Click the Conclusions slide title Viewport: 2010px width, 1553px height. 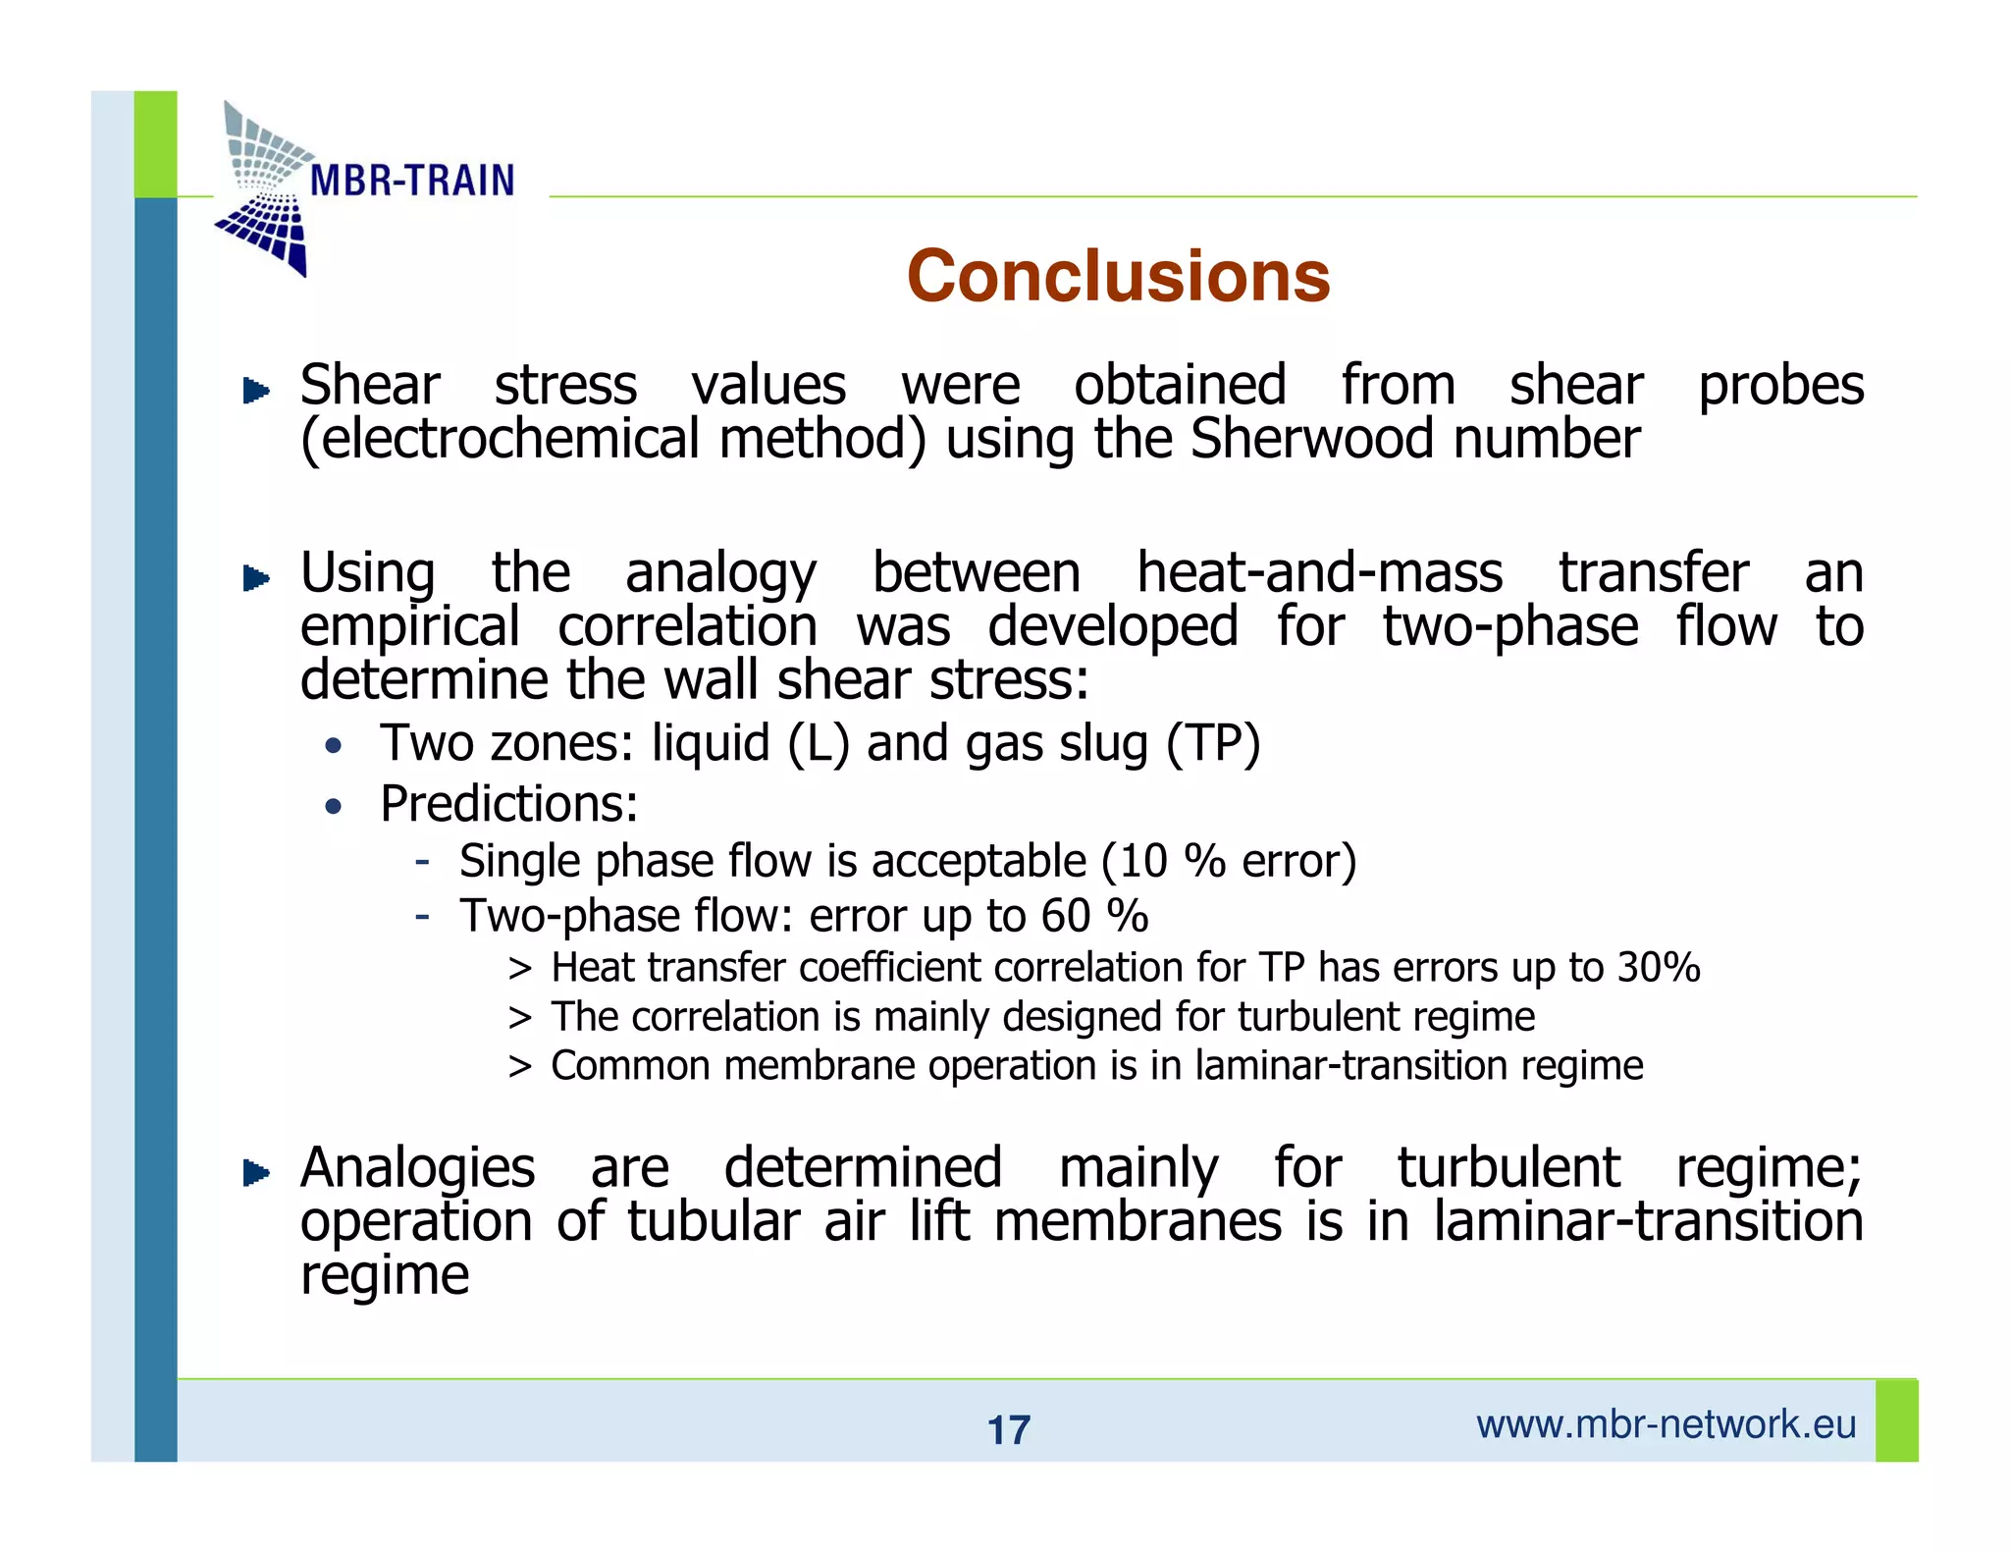1118,276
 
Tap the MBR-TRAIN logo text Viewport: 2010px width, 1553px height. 411,181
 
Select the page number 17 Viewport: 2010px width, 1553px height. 1008,1430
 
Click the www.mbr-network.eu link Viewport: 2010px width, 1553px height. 1666,1424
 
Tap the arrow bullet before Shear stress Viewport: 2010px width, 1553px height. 256,391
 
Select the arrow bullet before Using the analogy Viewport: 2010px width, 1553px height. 256,578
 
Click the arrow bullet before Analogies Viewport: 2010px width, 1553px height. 256,1172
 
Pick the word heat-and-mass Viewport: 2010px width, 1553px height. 1319,572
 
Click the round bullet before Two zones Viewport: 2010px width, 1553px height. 334,747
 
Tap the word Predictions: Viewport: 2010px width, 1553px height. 508,804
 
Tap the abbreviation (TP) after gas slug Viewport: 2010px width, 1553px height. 1212,743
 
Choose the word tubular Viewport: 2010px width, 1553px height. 714,1222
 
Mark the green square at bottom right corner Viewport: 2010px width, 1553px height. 1896,1420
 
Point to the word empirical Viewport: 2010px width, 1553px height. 409,627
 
